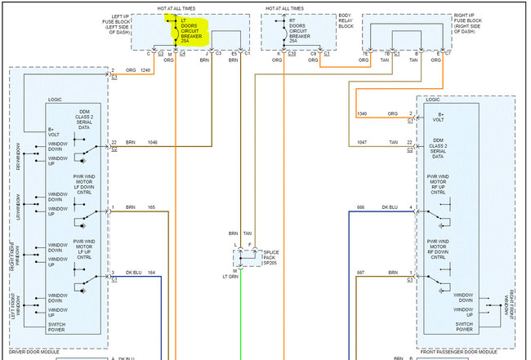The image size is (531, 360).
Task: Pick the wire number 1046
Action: point(153,143)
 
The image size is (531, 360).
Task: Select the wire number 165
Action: point(151,208)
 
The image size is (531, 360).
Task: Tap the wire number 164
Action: point(151,273)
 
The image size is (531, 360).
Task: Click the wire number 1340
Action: point(364,114)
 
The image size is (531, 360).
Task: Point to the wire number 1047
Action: point(364,143)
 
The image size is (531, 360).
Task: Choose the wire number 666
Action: point(362,207)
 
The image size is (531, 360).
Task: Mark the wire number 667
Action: point(362,273)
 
